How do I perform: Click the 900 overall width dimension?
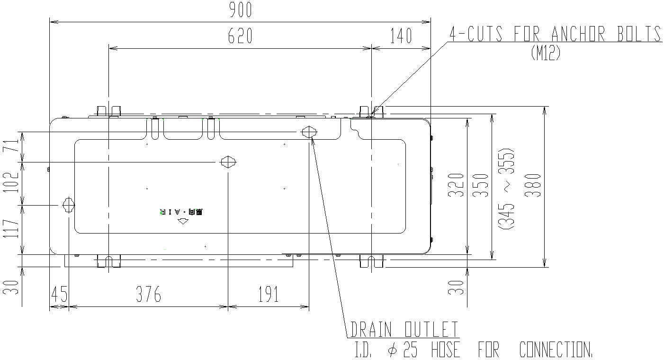(240, 10)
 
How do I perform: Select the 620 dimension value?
(240, 36)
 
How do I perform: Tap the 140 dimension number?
(401, 36)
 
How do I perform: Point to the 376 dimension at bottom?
(149, 295)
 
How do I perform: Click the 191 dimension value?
(268, 295)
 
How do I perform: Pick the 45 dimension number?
(59, 295)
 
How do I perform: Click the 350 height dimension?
(481, 185)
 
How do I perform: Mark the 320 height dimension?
(456, 185)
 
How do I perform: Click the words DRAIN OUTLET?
(404, 329)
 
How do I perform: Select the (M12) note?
(546, 52)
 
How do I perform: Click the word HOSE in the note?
(446, 350)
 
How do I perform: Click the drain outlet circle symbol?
(309, 132)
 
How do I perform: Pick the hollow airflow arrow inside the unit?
(183, 221)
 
